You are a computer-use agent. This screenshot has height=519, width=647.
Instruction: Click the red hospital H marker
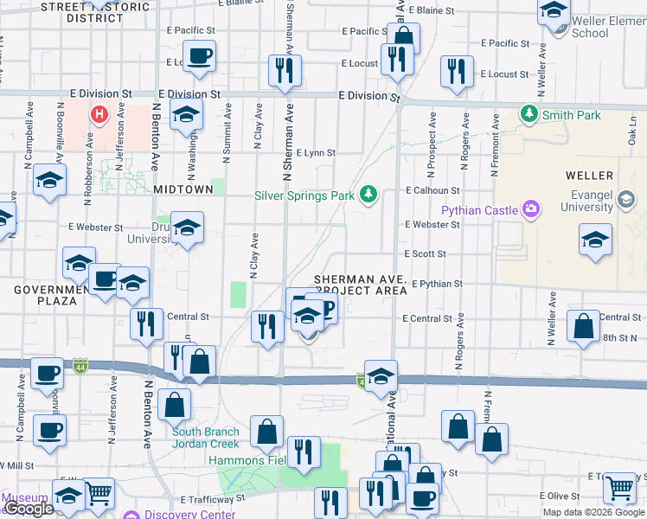(100, 113)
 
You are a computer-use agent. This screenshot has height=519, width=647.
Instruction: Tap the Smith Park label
(571, 115)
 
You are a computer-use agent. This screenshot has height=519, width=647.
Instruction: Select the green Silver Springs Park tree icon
(369, 193)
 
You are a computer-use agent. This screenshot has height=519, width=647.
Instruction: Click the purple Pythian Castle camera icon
(530, 209)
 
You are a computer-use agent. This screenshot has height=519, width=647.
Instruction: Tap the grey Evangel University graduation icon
(625, 202)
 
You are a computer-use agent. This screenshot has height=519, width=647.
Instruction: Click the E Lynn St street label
(315, 153)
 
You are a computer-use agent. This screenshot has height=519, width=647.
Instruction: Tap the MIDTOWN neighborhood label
(183, 189)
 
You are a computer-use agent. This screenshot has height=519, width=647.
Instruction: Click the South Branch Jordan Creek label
(204, 438)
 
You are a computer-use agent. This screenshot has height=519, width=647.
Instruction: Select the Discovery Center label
(189, 514)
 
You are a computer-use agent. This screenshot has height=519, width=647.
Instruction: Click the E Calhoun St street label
(432, 190)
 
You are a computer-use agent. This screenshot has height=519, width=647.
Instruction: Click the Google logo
(29, 509)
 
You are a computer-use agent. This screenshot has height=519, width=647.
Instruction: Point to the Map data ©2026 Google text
(593, 512)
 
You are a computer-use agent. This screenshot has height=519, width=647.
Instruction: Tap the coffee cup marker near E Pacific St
(201, 56)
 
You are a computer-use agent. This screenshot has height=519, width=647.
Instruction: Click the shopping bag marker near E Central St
(584, 326)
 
